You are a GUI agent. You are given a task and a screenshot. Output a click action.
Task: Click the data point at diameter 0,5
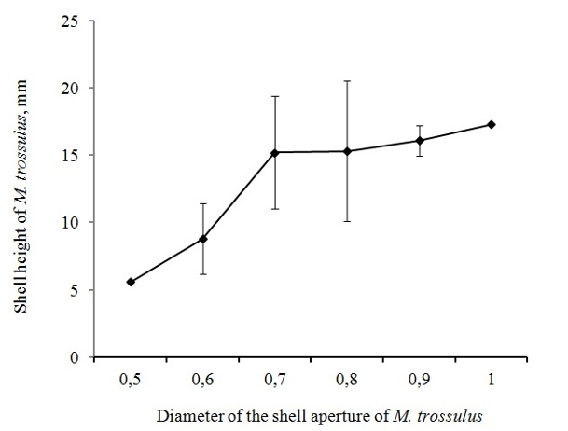pyautogui.click(x=131, y=282)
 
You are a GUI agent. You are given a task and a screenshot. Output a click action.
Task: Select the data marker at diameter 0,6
pyautogui.click(x=203, y=239)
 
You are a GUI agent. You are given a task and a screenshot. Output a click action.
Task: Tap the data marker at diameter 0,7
pyautogui.click(x=275, y=152)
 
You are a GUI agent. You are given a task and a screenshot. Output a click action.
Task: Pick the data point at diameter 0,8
pyautogui.click(x=347, y=151)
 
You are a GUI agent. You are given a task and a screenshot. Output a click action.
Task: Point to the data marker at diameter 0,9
pyautogui.click(x=419, y=141)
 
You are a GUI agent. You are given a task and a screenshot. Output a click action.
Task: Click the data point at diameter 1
pyautogui.click(x=491, y=124)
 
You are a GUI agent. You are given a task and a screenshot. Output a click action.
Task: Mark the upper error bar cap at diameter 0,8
pyautogui.click(x=347, y=81)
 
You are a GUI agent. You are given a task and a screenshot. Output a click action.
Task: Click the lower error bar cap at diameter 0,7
pyautogui.click(x=275, y=209)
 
